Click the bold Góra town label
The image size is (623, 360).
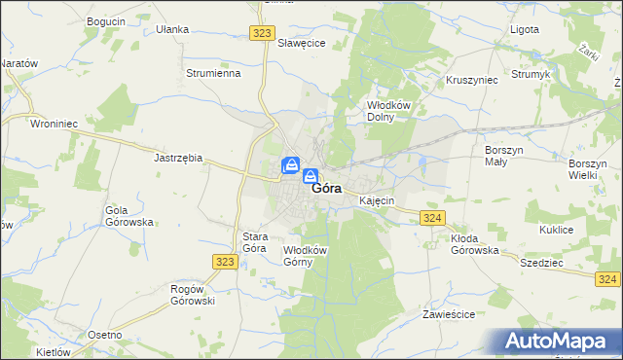[x=326, y=190]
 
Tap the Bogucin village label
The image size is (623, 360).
[x=106, y=21]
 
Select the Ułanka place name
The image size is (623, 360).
[x=172, y=29]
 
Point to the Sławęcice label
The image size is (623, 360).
[x=302, y=44]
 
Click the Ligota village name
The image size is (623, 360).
[x=525, y=29]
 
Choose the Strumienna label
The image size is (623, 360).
[x=213, y=73]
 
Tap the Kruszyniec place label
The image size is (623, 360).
[x=472, y=80]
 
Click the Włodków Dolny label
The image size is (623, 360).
[x=385, y=110]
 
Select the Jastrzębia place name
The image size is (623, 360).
[x=178, y=157]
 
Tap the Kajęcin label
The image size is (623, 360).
[x=376, y=200]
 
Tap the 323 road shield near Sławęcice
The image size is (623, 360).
[x=261, y=32]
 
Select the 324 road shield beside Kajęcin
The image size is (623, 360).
[x=433, y=218]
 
